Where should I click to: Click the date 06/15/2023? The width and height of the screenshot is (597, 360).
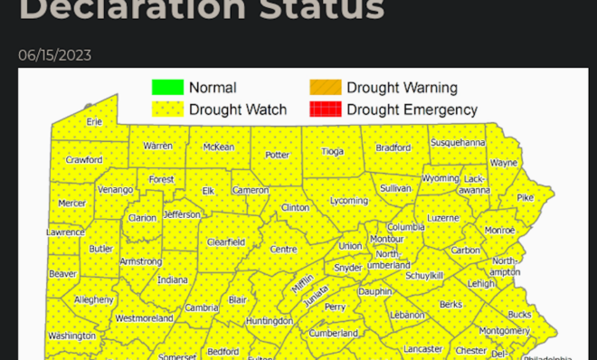coord(54,56)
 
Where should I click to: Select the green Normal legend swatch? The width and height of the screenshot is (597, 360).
coord(166,88)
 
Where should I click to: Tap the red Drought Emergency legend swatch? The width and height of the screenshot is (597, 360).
coord(325,109)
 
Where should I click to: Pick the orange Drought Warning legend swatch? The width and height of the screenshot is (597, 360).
coord(325,88)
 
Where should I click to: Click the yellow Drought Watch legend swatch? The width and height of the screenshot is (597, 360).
coord(166,109)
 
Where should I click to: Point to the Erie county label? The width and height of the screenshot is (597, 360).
coord(94,121)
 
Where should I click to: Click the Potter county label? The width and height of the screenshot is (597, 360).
coord(277,155)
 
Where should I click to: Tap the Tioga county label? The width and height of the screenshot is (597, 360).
coord(332,151)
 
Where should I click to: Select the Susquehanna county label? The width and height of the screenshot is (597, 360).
coord(458,142)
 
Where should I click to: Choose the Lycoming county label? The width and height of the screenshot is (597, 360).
coord(348,200)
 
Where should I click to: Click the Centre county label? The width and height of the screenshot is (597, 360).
coord(283,249)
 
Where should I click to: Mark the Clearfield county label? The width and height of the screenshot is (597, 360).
coord(226,242)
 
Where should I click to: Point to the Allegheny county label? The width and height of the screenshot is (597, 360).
coord(93,299)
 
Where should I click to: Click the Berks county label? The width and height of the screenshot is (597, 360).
coord(450,306)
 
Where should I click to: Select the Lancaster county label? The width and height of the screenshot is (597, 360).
coord(422,348)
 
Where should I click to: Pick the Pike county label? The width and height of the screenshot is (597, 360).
coord(525,197)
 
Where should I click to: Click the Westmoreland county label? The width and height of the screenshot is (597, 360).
coord(144,318)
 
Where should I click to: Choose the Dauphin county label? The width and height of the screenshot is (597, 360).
coord(374,291)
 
